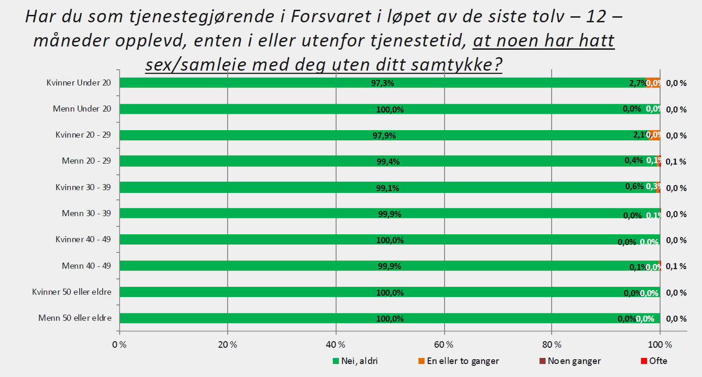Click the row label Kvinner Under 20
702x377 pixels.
[x=79, y=83]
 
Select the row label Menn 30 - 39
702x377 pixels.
[x=87, y=213]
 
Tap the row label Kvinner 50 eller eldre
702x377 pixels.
[x=72, y=292]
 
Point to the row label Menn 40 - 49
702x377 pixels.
[x=87, y=266]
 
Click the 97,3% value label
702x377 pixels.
[x=388, y=83]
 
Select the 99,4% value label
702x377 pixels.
[x=388, y=162]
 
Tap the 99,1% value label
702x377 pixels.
[x=388, y=188]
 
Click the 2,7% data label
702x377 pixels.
[x=637, y=83]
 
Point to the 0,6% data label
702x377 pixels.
[x=634, y=186]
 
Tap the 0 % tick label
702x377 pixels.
[x=120, y=345]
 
